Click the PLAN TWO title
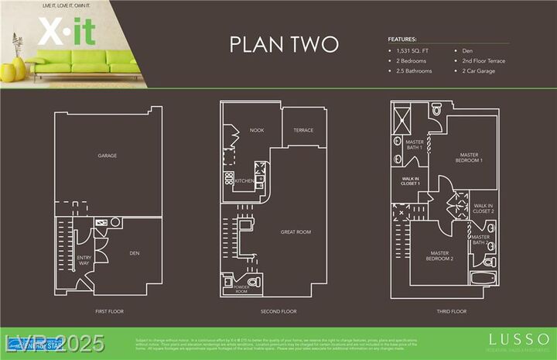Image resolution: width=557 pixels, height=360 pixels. (284, 45)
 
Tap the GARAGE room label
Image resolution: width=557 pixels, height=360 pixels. (107, 156)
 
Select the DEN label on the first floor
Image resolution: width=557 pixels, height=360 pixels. (134, 252)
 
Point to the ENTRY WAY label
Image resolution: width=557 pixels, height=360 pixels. (84, 260)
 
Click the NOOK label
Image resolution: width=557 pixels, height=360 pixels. (257, 130)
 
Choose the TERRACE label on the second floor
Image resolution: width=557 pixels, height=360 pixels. (303, 130)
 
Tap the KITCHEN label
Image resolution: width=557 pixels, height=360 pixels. (244, 180)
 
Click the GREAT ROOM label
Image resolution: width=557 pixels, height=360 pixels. (295, 231)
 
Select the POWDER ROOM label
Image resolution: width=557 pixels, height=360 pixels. (241, 289)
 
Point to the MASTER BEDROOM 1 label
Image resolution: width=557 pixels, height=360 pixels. (469, 157)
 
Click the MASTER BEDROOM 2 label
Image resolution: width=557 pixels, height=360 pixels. (440, 255)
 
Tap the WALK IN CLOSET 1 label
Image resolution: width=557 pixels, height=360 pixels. (410, 180)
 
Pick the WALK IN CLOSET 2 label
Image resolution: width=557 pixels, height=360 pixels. (484, 208)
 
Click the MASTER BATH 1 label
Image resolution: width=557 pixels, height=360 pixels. (415, 145)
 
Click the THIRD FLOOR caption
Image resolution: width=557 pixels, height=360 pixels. (451, 311)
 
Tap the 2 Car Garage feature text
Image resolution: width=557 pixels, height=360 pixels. (479, 71)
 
